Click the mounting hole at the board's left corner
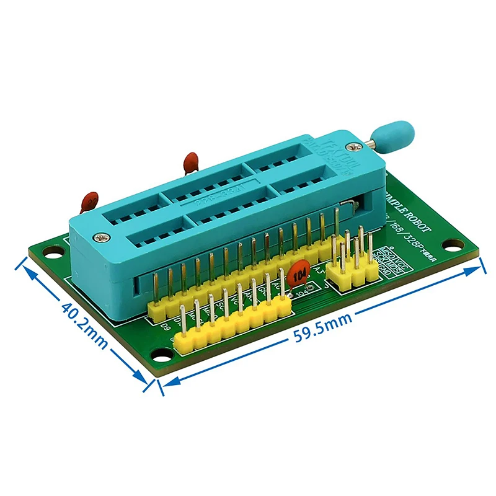tap(54, 251)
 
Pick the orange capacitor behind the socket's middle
tap(190, 162)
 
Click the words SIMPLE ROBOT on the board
tap(412, 209)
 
